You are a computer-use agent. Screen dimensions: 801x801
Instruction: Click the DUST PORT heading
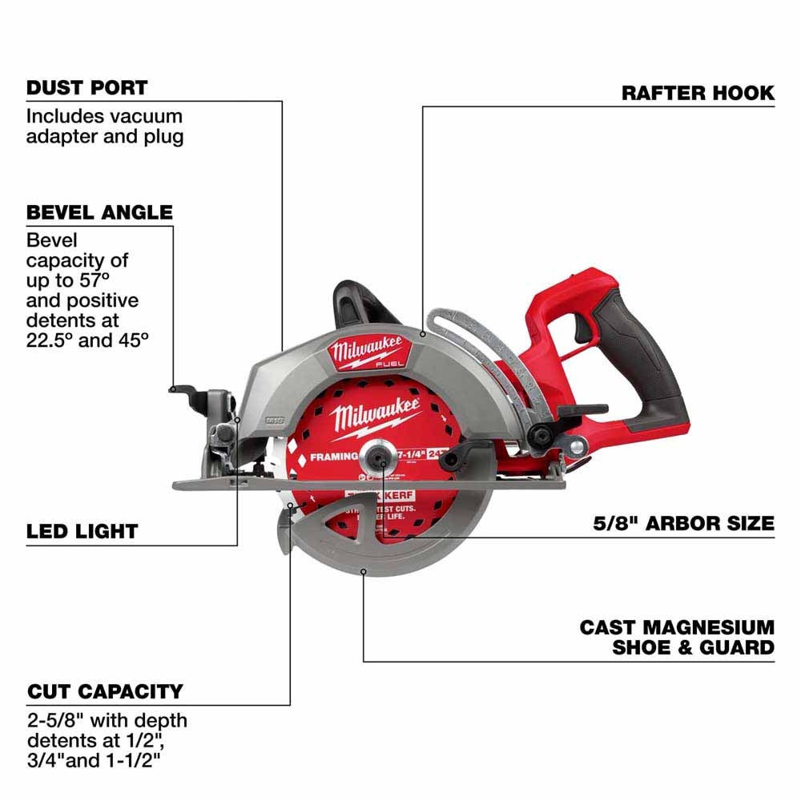(x=87, y=87)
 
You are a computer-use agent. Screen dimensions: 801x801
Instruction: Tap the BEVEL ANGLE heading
(x=99, y=212)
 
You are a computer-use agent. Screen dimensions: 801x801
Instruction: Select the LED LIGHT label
(x=83, y=531)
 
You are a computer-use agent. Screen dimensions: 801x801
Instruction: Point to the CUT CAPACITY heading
(x=105, y=690)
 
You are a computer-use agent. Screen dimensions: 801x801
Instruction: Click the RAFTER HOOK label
(x=698, y=93)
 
